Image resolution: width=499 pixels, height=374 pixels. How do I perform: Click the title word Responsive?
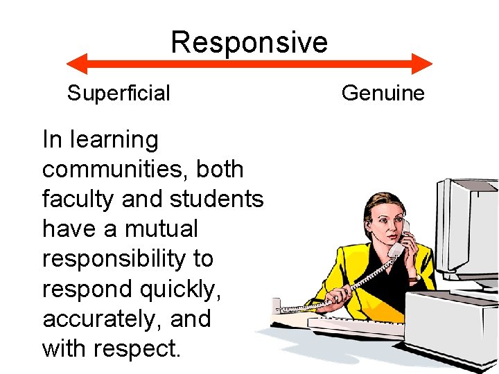click(249, 42)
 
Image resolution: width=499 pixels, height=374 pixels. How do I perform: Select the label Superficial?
click(119, 93)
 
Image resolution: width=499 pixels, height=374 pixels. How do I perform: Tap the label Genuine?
click(383, 93)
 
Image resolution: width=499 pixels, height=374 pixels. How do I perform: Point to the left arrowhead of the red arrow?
click(75, 64)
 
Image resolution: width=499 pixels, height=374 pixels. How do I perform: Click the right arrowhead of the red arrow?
click(423, 64)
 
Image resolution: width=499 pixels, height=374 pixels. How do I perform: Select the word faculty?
click(78, 199)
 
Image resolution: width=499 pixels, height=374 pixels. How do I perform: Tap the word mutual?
click(161, 229)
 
